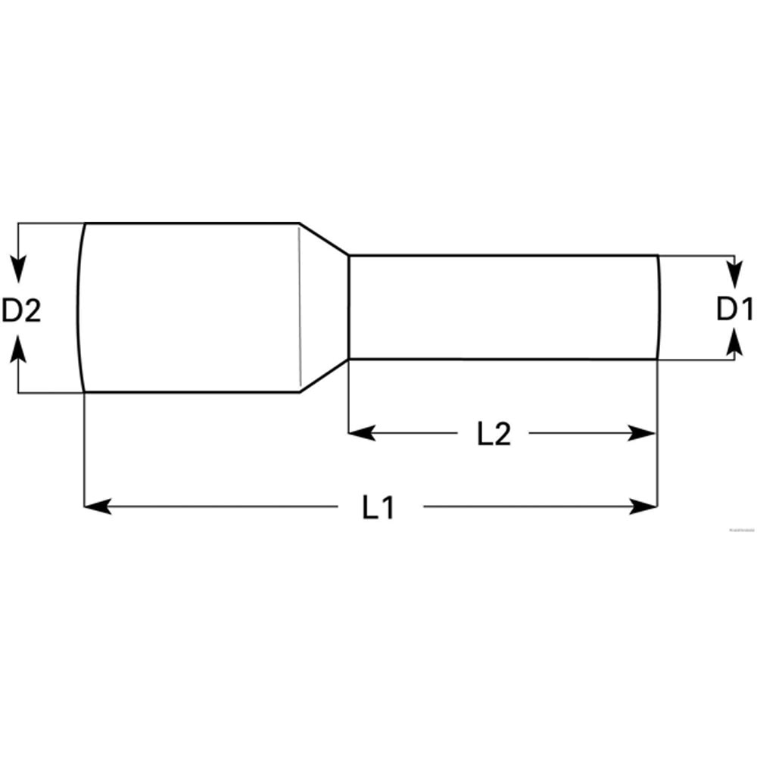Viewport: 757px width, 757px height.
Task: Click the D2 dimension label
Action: point(20,310)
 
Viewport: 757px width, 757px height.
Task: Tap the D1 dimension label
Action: point(734,309)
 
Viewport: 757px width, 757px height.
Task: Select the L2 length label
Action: point(494,433)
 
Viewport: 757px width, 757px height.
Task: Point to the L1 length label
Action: point(378,506)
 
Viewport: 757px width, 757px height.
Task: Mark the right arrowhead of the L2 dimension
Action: point(643,433)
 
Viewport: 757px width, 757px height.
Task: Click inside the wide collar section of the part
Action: point(189,307)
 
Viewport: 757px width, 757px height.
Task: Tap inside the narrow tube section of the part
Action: point(500,307)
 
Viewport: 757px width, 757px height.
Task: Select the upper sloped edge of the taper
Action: point(324,239)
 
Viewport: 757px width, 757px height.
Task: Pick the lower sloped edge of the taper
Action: point(324,376)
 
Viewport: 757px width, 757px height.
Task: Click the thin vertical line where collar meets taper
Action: point(300,307)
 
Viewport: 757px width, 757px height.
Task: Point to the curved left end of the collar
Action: point(78,307)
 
